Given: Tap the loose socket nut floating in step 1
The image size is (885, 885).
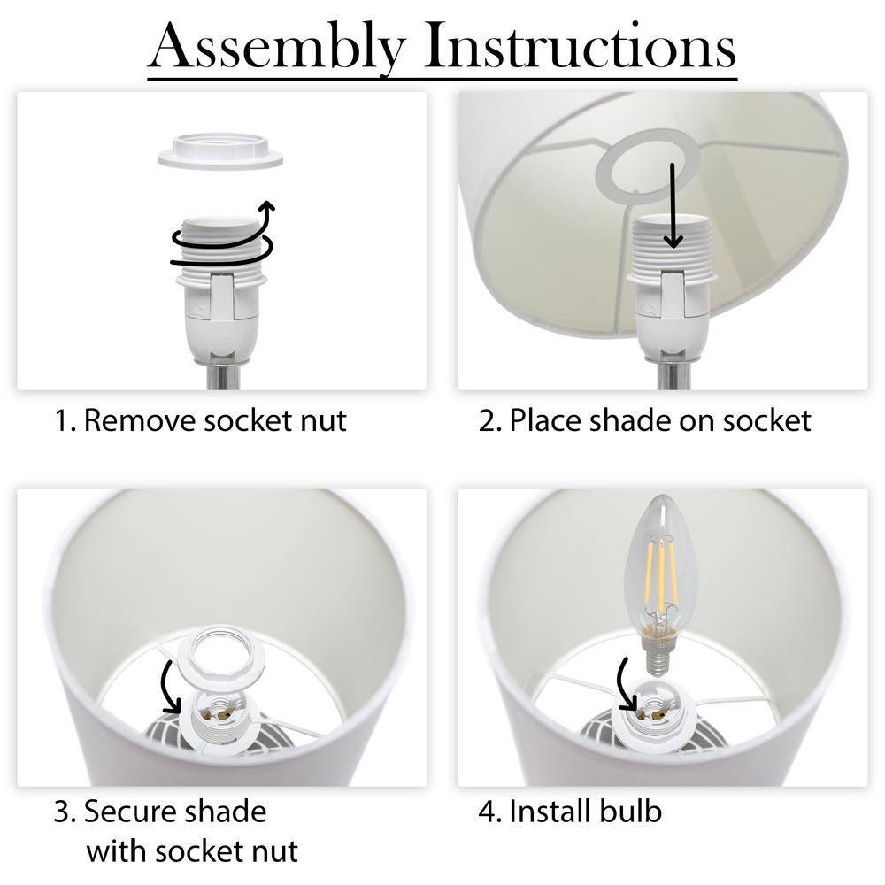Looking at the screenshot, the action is [220, 150].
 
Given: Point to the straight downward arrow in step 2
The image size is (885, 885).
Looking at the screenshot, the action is [672, 206].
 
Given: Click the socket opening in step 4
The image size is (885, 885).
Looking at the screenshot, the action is [655, 712].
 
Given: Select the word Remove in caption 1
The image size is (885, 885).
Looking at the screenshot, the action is [140, 420].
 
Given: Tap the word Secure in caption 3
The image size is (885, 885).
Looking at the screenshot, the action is [128, 812].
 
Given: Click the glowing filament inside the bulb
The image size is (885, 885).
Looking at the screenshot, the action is [661, 576].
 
